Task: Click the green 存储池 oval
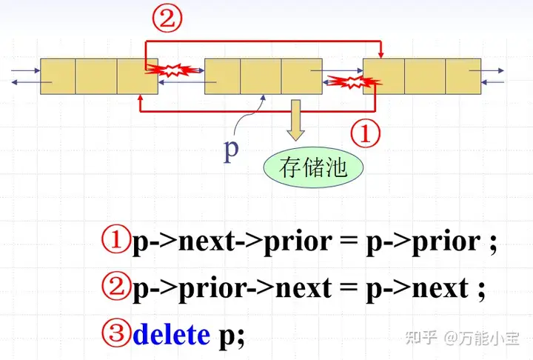pyautogui.click(x=313, y=167)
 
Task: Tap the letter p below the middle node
pyautogui.click(x=232, y=150)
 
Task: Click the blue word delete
pyautogui.click(x=171, y=335)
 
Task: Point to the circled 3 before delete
pyautogui.click(x=118, y=335)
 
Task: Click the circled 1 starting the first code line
pyautogui.click(x=116, y=241)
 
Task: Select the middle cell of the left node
pyautogui.click(x=96, y=76)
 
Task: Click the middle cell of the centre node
pyautogui.click(x=261, y=76)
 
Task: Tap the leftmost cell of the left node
pyautogui.click(x=58, y=76)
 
